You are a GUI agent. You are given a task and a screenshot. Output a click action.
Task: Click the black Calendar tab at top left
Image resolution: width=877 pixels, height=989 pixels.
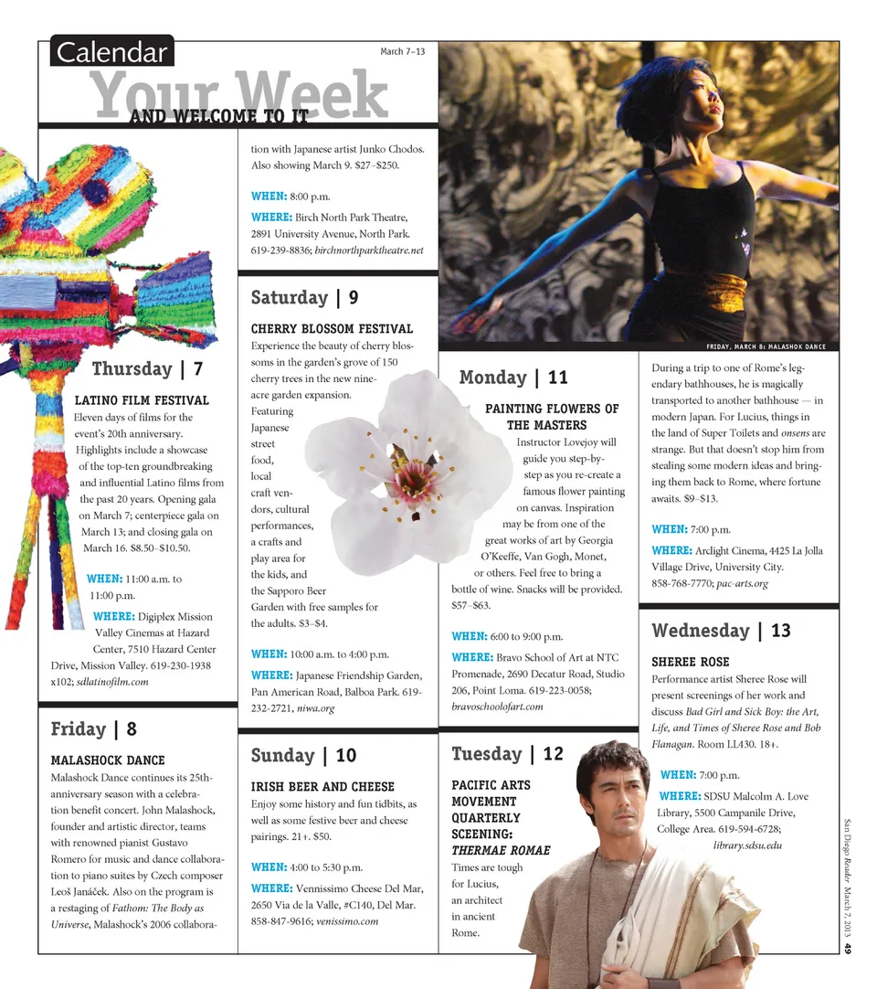[x=111, y=52]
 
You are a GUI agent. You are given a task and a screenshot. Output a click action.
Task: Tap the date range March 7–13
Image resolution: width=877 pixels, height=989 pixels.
[x=402, y=51]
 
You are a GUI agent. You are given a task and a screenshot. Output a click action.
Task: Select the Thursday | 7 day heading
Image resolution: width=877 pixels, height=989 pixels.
[x=147, y=369]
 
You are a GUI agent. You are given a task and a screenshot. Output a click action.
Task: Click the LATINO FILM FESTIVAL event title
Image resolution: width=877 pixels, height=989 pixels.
[x=142, y=400]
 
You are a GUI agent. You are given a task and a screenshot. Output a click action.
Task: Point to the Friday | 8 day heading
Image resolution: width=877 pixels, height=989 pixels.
[x=94, y=729]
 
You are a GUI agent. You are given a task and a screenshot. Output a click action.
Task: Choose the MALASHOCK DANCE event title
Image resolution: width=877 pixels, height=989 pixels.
[x=108, y=760]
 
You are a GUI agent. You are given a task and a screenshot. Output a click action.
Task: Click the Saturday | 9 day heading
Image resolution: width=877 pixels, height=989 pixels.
[x=304, y=298]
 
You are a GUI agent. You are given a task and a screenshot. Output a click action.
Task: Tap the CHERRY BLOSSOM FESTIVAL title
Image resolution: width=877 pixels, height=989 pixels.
[x=332, y=329]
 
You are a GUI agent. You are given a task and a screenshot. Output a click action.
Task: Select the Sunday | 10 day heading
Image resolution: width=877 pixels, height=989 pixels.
[x=303, y=756]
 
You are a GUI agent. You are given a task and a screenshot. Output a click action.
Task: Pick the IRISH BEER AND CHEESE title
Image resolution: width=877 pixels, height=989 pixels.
[x=322, y=787]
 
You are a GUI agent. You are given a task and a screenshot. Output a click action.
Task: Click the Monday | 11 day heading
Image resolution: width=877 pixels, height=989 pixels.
[x=513, y=378]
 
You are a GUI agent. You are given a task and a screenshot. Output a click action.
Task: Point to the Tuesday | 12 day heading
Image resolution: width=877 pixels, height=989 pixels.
[x=508, y=754]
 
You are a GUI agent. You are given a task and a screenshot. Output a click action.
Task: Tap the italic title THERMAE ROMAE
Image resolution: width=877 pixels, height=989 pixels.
[x=501, y=851]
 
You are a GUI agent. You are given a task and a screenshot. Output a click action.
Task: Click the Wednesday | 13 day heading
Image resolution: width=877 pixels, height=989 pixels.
[x=721, y=631]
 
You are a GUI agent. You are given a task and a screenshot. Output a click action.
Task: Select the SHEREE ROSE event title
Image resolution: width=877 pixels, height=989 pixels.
[x=690, y=662]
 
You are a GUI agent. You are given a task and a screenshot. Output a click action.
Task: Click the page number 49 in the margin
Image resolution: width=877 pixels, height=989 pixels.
[x=848, y=950]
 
